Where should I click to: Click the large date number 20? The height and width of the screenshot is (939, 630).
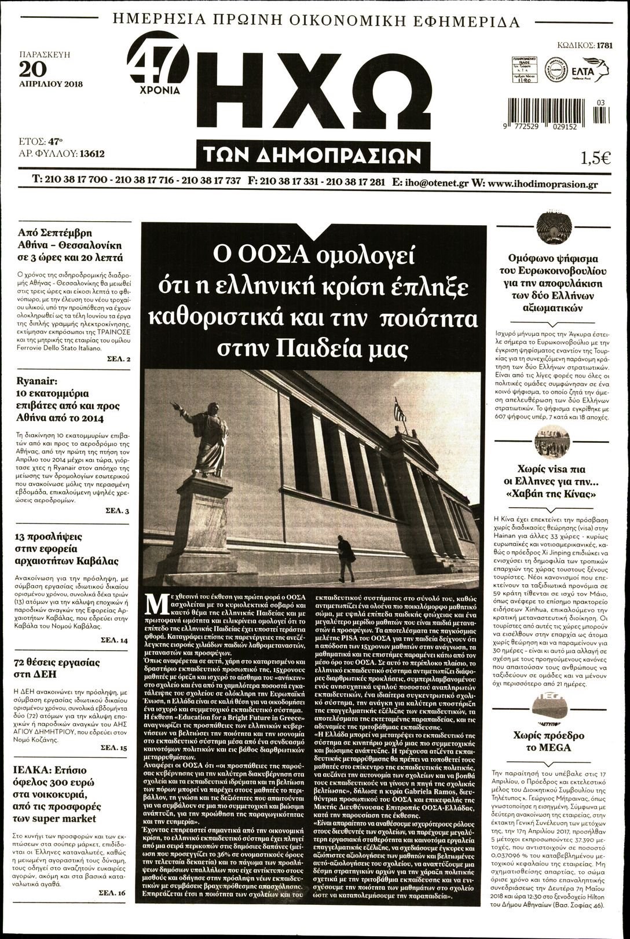point(32,69)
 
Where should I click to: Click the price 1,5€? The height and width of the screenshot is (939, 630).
point(595,157)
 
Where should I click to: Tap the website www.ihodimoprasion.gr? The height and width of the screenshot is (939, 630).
point(543,184)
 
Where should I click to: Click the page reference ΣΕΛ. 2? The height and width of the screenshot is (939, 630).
point(119,360)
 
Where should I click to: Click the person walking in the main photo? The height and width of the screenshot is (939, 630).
point(346,558)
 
